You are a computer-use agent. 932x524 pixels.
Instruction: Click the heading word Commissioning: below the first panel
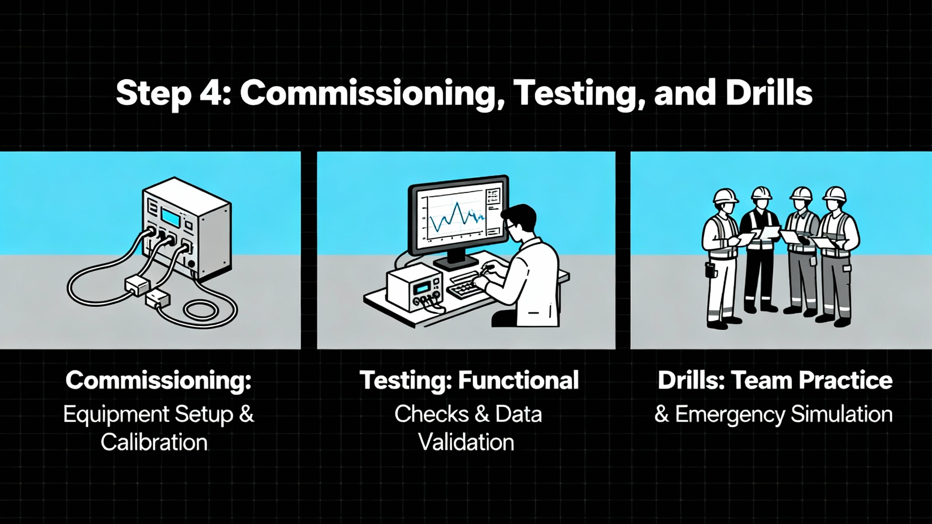click(158, 381)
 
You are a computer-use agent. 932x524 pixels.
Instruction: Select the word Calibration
click(154, 442)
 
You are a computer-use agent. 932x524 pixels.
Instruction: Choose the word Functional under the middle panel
click(518, 380)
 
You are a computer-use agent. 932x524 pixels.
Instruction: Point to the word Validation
click(466, 442)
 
